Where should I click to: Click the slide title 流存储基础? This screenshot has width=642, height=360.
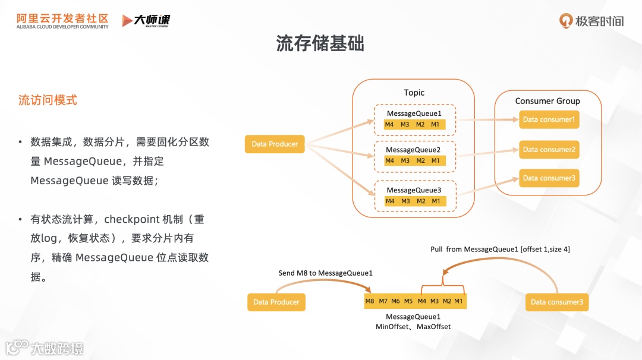[x=320, y=43]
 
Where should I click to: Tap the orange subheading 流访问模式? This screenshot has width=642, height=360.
[x=48, y=100]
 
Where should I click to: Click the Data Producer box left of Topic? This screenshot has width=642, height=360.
[x=275, y=144]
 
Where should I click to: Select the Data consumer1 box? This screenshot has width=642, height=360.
[x=549, y=119]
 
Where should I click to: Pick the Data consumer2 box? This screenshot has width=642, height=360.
[x=549, y=150]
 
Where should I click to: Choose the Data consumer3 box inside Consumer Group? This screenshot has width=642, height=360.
[x=549, y=178]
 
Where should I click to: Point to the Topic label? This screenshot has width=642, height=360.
[x=414, y=93]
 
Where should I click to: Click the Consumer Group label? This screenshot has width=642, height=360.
[x=547, y=101]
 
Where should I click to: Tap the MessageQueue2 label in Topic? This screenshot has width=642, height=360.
[x=413, y=150]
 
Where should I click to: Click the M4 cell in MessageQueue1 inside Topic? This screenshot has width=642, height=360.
[x=389, y=125]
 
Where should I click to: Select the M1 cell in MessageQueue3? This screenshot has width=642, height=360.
[x=436, y=201]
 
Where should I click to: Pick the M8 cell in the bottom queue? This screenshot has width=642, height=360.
[x=370, y=301]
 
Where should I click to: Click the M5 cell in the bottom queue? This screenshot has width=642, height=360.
[x=408, y=301]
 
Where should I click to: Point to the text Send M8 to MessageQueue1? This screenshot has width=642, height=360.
[x=325, y=273]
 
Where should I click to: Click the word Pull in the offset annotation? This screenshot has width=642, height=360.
[x=438, y=250]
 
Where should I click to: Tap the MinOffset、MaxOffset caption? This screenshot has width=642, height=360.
[x=413, y=327]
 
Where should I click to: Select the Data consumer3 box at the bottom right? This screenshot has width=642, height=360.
[x=557, y=302]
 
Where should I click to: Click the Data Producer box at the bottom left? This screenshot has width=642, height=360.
[x=276, y=302]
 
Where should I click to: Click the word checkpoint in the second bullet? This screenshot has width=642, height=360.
[x=131, y=219]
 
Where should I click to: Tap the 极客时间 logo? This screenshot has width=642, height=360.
[x=592, y=21]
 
